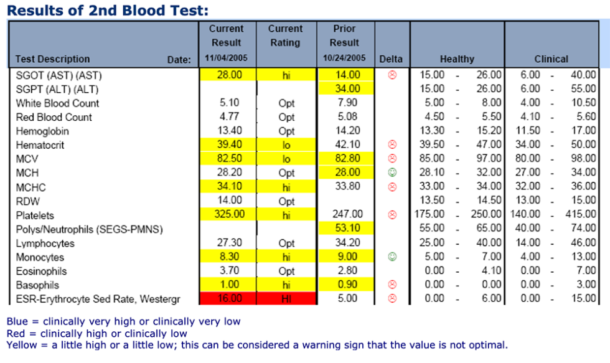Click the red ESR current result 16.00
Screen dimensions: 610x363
[x=230, y=298]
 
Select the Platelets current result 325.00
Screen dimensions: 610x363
[x=230, y=214]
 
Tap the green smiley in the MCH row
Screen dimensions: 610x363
[x=392, y=172]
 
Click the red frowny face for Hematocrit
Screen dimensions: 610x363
[x=392, y=144]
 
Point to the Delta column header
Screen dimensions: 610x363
[x=391, y=59]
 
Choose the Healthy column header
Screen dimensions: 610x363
[x=457, y=59]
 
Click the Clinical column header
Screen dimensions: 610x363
[x=551, y=59]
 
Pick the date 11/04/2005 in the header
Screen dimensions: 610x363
[x=227, y=58]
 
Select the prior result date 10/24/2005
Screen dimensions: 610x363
[x=344, y=58]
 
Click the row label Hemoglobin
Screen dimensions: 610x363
[x=42, y=131]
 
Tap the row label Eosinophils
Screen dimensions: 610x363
[x=41, y=271]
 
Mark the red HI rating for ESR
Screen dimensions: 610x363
[x=286, y=299]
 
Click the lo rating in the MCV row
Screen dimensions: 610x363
[x=286, y=159]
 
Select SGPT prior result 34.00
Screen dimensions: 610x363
[x=348, y=88]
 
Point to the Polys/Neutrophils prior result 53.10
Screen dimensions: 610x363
[x=348, y=228]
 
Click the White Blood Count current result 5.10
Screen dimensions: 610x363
[x=230, y=103]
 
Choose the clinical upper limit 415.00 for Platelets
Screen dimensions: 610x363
[x=580, y=214]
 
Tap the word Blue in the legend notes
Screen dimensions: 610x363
[x=17, y=321]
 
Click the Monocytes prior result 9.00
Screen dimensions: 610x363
[x=348, y=257]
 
